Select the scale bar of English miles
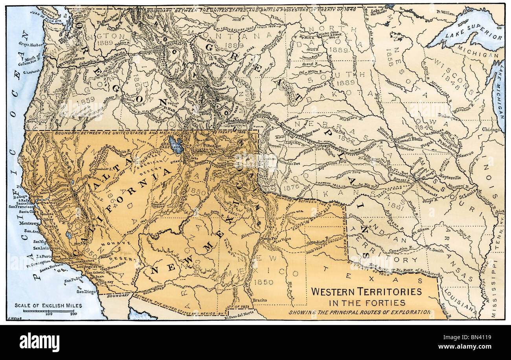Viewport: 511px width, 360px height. coord(49,310)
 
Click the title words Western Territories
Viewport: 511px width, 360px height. coord(366,292)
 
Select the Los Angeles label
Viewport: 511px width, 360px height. coord(87,266)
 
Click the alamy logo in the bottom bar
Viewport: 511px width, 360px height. coord(39,342)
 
